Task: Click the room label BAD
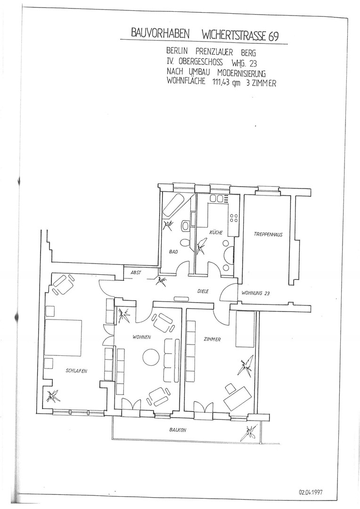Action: point(173,251)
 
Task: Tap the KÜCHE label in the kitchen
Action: point(216,232)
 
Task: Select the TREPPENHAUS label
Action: point(268,234)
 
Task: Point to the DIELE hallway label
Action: point(203,291)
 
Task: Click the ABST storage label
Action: point(136,273)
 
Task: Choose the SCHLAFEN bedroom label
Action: point(76,371)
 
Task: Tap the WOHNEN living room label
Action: point(141,337)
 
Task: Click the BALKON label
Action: point(178,430)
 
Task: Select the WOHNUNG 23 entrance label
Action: point(256,293)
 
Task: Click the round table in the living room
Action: point(151,357)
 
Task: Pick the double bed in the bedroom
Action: point(63,337)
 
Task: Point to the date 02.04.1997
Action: point(311,492)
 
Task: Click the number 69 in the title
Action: point(273,36)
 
